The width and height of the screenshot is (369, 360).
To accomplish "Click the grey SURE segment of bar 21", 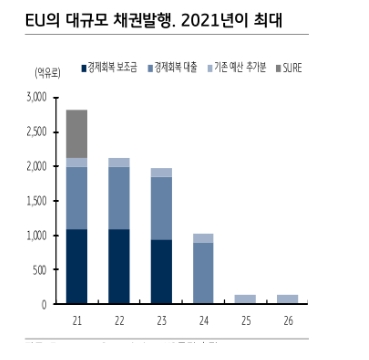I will (76, 133).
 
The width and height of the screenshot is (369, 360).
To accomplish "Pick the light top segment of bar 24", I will (202, 238).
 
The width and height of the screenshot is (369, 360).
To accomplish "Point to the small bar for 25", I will (245, 298).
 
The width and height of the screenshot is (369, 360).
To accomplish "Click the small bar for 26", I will (287, 298).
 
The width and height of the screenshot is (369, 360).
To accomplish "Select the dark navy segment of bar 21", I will (76, 266).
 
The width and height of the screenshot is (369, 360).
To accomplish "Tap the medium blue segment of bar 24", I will (202, 272).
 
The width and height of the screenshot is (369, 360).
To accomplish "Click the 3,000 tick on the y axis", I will (35, 98).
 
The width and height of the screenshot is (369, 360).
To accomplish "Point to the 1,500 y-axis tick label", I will (35, 201).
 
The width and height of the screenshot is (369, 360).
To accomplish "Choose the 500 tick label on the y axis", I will (39, 270).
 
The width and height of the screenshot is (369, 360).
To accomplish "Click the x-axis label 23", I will (160, 319).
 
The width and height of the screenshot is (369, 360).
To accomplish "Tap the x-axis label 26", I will (287, 319).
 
